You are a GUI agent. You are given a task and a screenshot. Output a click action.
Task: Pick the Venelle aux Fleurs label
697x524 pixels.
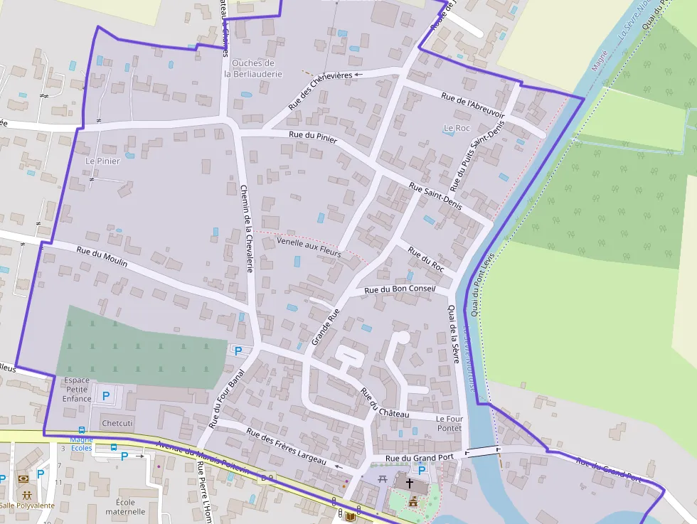pyautogui.click(x=309, y=247)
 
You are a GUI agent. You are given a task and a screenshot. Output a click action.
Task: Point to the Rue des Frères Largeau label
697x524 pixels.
pyautogui.click(x=286, y=447)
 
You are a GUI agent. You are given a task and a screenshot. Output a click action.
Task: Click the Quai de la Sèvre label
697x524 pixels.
pyautogui.click(x=452, y=334)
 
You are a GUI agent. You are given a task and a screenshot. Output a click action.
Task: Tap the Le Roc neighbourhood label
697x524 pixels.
pyautogui.click(x=457, y=129)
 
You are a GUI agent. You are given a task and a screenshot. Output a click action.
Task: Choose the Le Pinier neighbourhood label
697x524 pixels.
pyautogui.click(x=102, y=161)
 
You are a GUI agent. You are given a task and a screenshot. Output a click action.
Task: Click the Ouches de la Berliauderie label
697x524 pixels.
pyautogui.click(x=253, y=68)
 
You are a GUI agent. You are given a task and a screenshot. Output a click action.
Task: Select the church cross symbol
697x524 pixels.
pyautogui.click(x=410, y=483)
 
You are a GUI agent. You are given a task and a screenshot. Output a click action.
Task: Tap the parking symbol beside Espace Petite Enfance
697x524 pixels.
pyautogui.click(x=106, y=395)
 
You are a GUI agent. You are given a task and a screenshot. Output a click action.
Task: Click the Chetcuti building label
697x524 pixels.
pyautogui.click(x=117, y=423)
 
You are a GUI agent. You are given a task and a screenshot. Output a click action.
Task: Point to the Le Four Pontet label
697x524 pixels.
pyautogui.click(x=449, y=424)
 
